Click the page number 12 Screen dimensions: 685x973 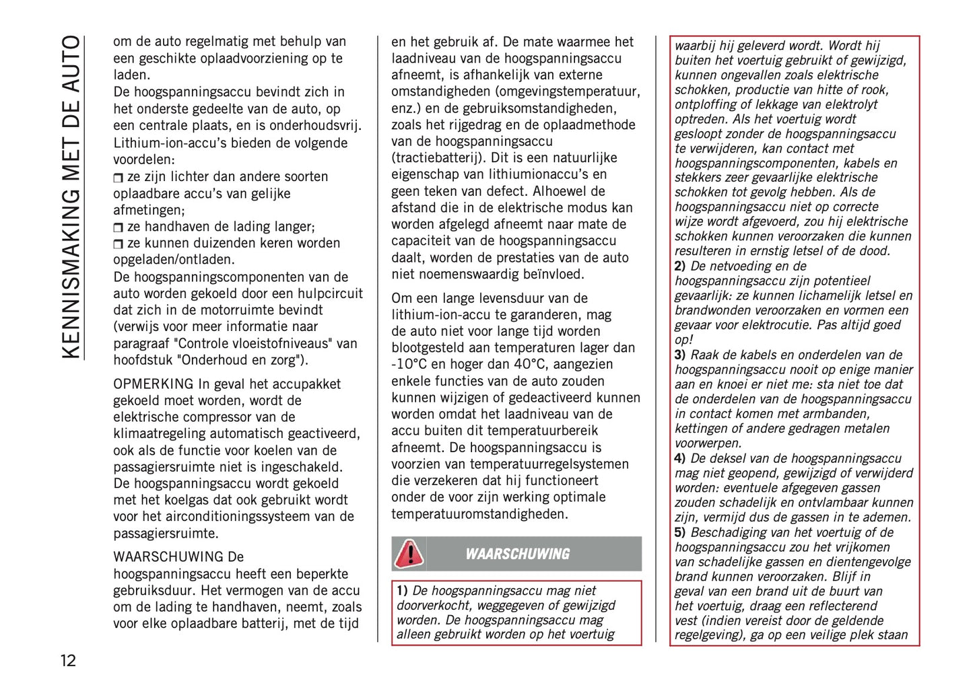68,660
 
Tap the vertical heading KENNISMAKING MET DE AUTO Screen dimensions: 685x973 71,196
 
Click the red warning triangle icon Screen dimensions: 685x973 409,554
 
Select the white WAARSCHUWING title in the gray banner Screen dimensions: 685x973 517,554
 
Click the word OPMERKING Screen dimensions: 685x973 153,384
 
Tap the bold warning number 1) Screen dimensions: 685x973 402,591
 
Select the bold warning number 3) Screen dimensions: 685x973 680,355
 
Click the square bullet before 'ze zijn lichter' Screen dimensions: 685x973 119,178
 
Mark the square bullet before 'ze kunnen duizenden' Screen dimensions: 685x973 119,244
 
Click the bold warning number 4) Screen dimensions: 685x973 680,459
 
